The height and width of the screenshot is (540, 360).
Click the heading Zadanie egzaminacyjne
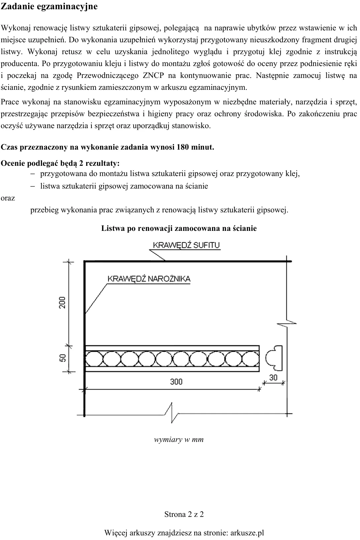tap(49, 7)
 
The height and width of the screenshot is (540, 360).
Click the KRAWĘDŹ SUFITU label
tap(186, 245)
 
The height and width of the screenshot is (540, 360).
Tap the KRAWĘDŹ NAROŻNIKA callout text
tap(149, 279)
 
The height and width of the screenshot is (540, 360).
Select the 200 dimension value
tap(62, 302)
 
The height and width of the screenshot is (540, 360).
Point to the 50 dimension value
tap(62, 358)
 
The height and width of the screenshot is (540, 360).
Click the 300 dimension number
tap(176, 381)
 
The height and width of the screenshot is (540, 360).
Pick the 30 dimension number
tap(273, 378)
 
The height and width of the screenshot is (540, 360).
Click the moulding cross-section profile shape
tap(274, 358)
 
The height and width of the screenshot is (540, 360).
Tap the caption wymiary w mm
tap(179, 440)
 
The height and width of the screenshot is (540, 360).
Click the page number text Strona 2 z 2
tap(184, 514)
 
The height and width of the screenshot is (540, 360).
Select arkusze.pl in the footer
tap(247, 532)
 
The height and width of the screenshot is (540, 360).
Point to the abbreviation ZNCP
tap(153, 75)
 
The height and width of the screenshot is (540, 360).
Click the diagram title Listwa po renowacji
tap(138, 228)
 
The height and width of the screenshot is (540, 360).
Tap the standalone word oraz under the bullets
tap(8, 198)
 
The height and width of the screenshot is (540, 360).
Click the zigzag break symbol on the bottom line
tap(172, 414)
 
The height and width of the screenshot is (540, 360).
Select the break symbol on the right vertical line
tap(287, 324)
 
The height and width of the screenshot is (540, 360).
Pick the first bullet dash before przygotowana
tap(33, 174)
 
